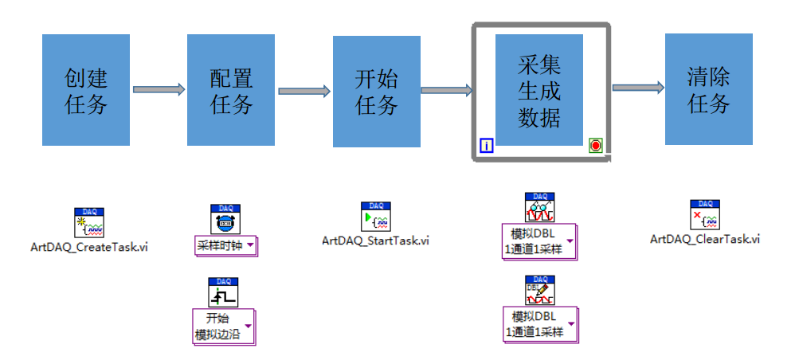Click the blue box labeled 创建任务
[86, 90]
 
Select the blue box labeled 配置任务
[231, 90]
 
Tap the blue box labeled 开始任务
[376, 90]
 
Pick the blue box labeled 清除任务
[708, 90]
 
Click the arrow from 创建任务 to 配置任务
[158, 90]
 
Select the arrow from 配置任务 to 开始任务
[304, 91]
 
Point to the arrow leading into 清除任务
[637, 88]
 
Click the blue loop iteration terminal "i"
[488, 145]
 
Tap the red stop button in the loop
[596, 145]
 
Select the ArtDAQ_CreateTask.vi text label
[88, 247]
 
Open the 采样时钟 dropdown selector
[226, 245]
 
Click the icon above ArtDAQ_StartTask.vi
[375, 217]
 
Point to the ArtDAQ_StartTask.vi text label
[375, 240]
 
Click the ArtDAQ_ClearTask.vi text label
[704, 239]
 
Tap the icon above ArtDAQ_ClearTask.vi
[705, 215]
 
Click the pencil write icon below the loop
[540, 291]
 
